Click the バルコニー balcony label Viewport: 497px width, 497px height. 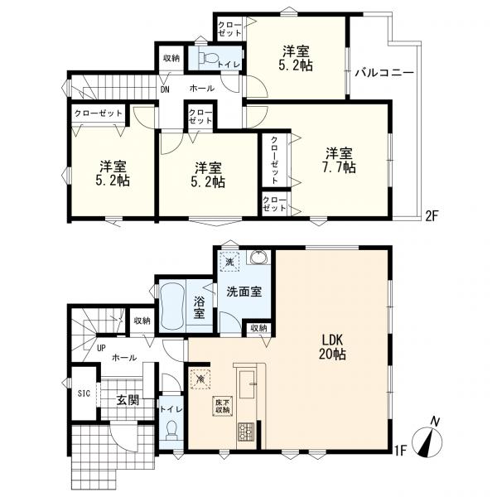tap(384, 73)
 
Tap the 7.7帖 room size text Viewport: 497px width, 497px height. tap(339, 167)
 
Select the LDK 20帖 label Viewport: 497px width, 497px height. tap(332, 347)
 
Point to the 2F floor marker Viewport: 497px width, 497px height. tap(432, 216)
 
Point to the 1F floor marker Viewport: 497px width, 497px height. tap(400, 451)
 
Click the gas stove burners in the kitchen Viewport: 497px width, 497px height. tap(246, 432)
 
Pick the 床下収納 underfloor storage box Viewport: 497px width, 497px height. tap(223, 406)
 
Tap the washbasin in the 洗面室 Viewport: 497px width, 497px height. tap(259, 257)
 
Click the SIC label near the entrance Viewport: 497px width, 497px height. tap(84, 393)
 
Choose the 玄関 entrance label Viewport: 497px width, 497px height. tap(128, 400)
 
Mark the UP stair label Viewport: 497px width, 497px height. tap(101, 348)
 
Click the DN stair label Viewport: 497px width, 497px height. tap(165, 89)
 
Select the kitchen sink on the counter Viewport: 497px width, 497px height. tap(248, 384)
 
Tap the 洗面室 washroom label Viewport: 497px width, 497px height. tap(244, 292)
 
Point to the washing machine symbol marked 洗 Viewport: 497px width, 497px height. tap(229, 262)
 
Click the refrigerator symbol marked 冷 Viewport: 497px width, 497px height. tap(200, 379)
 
